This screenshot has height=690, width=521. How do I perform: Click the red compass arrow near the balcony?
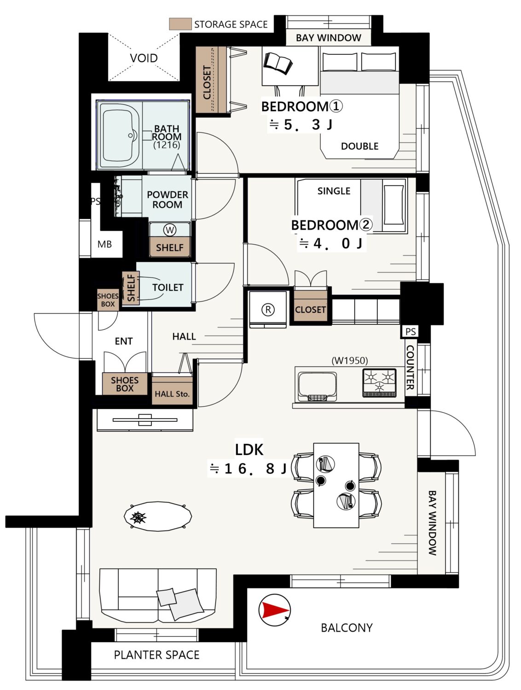coord(273,610)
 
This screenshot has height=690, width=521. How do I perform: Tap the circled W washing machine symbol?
coord(170,230)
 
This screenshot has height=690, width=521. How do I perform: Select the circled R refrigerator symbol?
coord(268,310)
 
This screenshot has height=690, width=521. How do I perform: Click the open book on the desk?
coord(278,63)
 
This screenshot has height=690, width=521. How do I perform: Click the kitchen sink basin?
coord(317,387)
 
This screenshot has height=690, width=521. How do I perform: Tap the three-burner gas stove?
coord(379,383)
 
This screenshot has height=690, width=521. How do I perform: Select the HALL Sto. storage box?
coord(172,391)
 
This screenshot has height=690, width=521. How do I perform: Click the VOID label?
coord(144,58)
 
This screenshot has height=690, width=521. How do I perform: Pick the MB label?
coord(104,244)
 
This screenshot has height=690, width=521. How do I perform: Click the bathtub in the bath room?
coord(120,135)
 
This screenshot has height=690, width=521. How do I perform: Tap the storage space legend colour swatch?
coord(180,24)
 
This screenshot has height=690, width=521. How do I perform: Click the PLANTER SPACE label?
coord(156,655)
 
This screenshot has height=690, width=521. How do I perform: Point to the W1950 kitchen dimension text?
coord(350,360)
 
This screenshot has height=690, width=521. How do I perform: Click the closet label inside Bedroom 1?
coord(207,82)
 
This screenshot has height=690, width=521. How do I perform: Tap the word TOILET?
coord(168,287)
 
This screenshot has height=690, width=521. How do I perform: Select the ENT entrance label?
coord(123,341)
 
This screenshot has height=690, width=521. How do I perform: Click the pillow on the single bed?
coord(394,205)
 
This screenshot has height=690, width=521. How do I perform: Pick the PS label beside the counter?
coord(411,332)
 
